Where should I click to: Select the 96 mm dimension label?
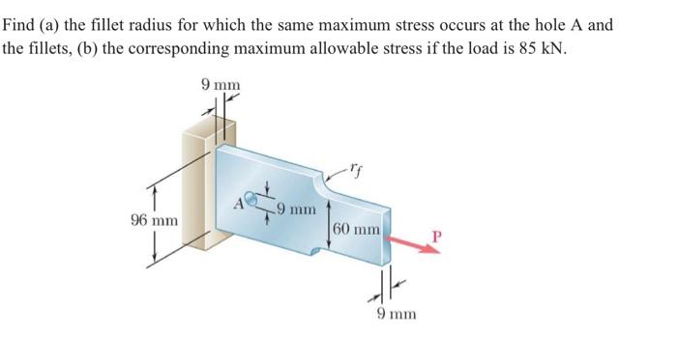pos(153,219)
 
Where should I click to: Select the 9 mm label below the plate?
pos(396,314)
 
